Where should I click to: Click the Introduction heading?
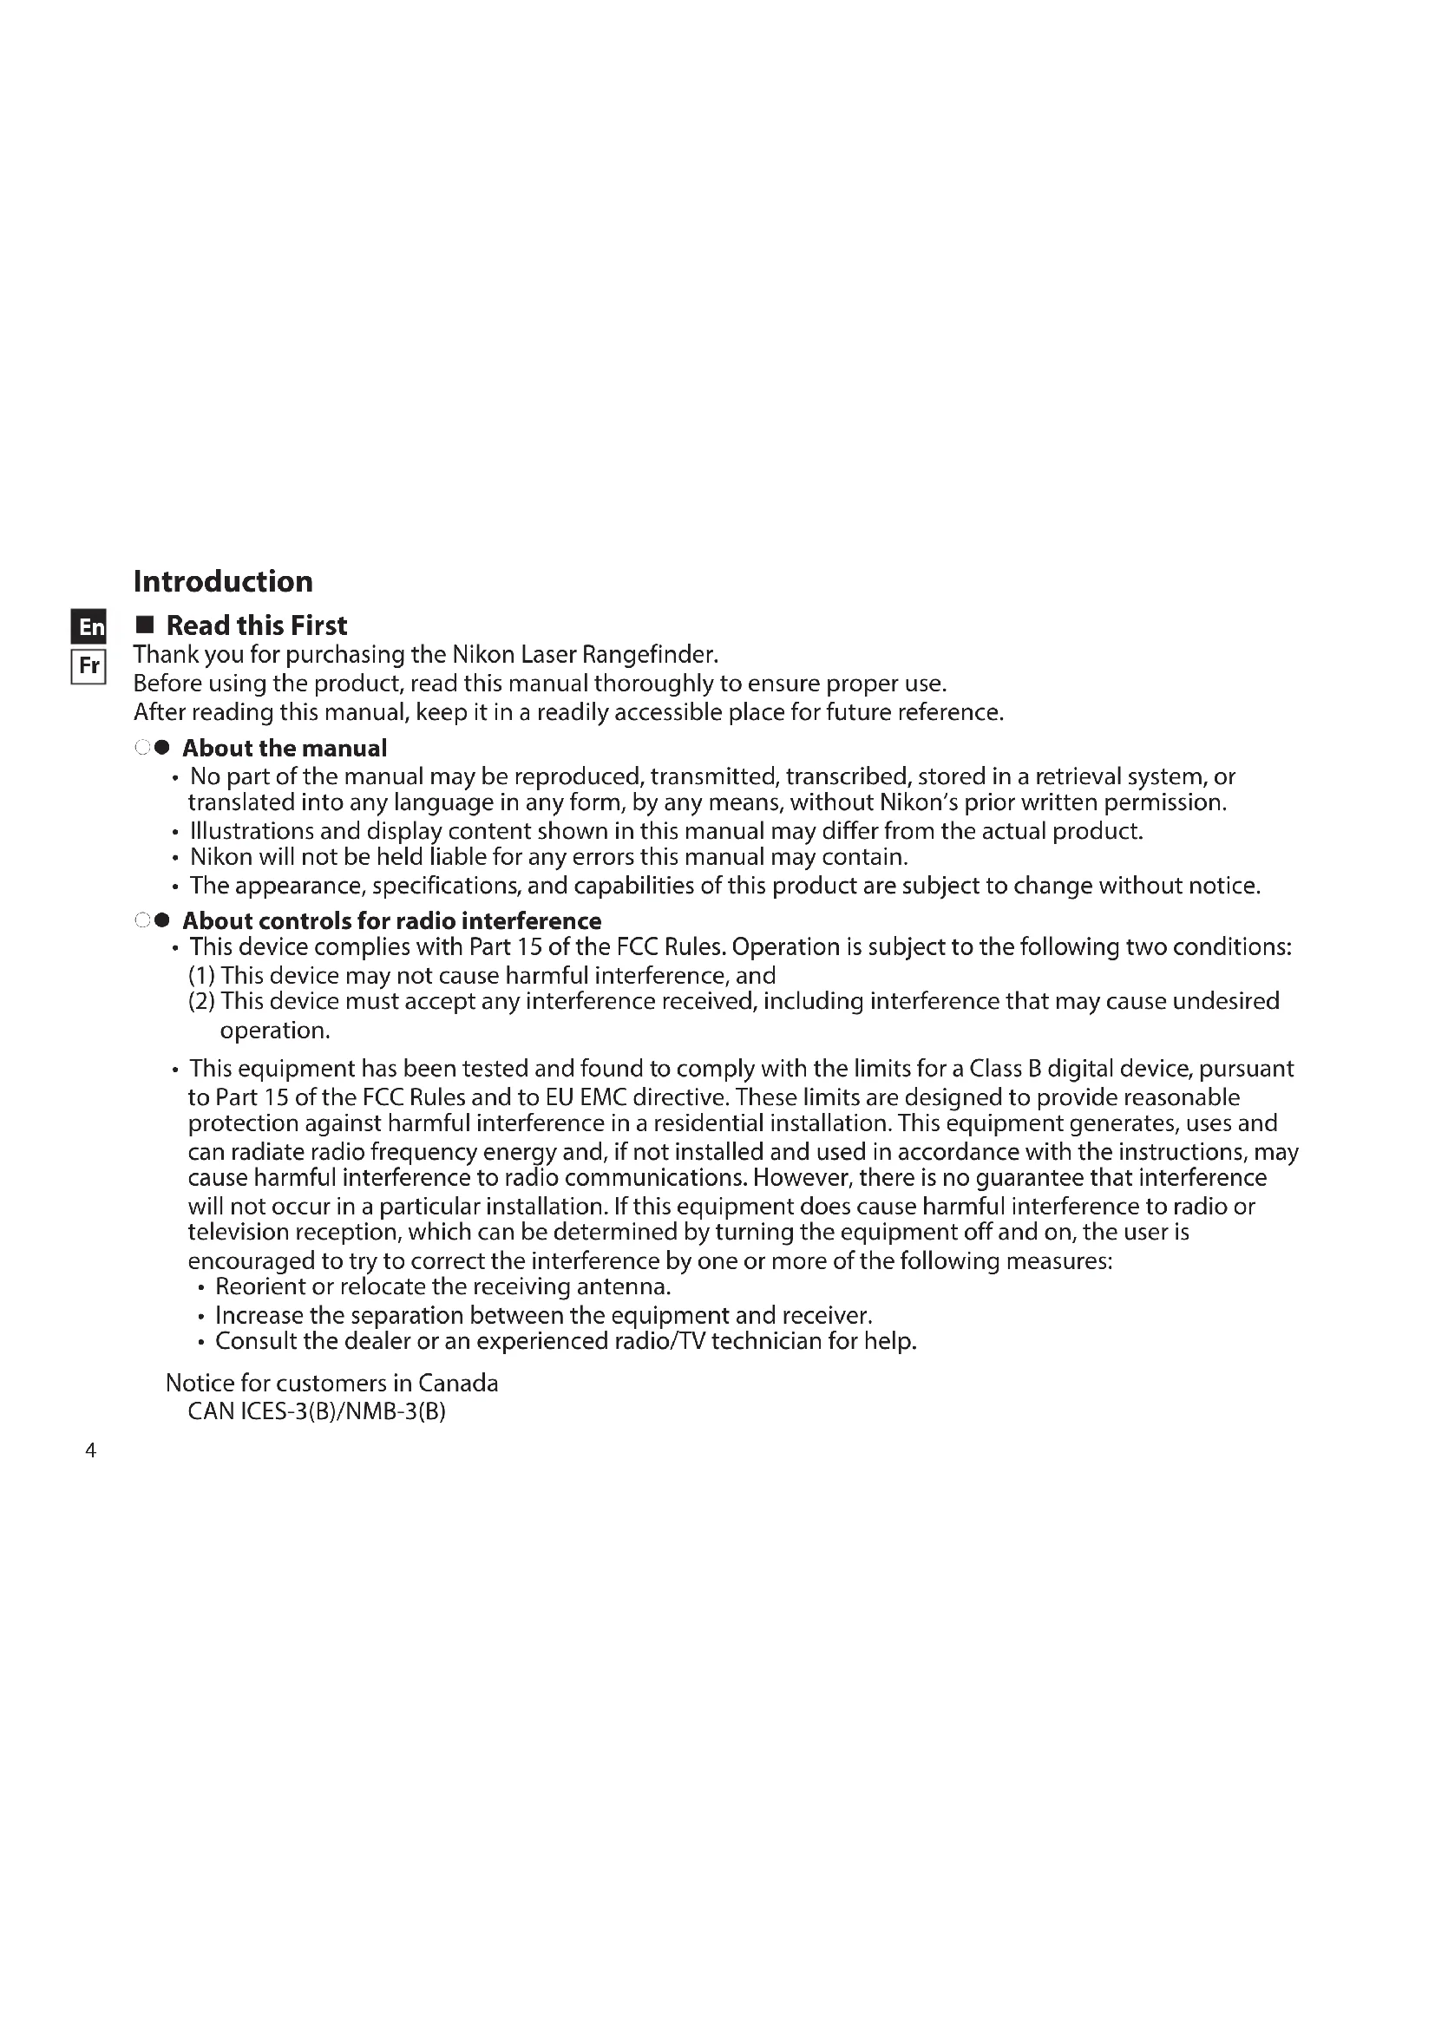[x=223, y=581]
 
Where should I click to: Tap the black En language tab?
[x=88, y=626]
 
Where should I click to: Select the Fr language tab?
[x=88, y=665]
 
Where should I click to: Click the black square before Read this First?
[x=145, y=625]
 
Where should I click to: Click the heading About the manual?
[x=284, y=749]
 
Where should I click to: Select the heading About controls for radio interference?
[x=391, y=921]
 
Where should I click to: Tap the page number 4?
[x=90, y=1450]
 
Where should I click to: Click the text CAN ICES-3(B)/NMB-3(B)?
[x=317, y=1411]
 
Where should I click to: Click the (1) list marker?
[x=201, y=976]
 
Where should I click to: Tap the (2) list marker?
[x=201, y=1001]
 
